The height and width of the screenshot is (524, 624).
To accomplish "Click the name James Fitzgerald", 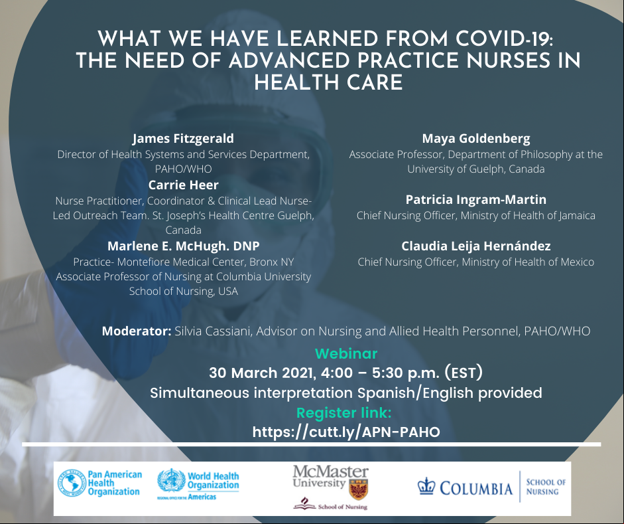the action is point(183,139).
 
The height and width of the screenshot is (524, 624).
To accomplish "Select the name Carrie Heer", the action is point(184,185).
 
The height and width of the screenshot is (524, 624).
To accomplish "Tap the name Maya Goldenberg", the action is point(476,139).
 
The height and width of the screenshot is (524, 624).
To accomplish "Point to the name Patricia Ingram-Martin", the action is point(476,199).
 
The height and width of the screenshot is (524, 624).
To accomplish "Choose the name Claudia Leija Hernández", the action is point(476,246).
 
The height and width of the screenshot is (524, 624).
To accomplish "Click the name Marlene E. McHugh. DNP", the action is point(184,246).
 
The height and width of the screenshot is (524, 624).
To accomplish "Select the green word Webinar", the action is point(346,353).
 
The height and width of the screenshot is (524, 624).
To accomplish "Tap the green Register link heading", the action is point(344,413).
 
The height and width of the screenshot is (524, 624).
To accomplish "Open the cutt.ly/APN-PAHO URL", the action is point(346,432).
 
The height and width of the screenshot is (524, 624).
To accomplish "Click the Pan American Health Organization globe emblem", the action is point(72,483).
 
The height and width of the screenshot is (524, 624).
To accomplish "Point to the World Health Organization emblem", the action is point(172,481).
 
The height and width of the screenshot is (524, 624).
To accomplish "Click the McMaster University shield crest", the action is point(358,489).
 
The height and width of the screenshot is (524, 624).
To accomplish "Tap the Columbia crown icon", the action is point(426,486).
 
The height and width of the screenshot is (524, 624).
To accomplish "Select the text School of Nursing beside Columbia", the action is point(546,487).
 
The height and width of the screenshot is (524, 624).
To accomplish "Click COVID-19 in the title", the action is point(504,39).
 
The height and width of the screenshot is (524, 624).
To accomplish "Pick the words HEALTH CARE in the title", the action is point(329,83).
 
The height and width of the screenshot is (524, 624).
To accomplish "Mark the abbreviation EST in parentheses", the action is point(464,373).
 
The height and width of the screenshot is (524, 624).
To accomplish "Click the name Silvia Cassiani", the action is point(214,331).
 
